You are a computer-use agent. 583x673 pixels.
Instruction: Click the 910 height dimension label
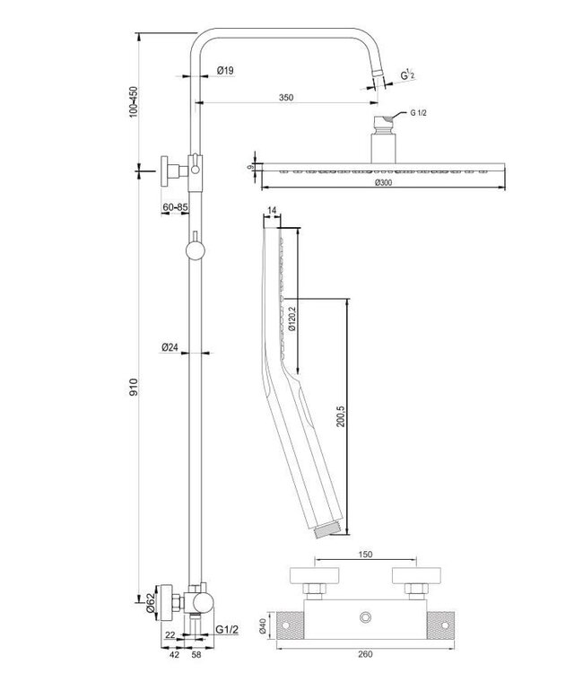pyautogui.click(x=134, y=388)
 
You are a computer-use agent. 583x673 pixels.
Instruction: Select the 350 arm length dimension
pyautogui.click(x=286, y=98)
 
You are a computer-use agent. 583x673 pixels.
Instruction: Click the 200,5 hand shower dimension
pyautogui.click(x=340, y=417)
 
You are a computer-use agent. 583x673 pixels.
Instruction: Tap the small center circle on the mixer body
pyautogui.click(x=366, y=617)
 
